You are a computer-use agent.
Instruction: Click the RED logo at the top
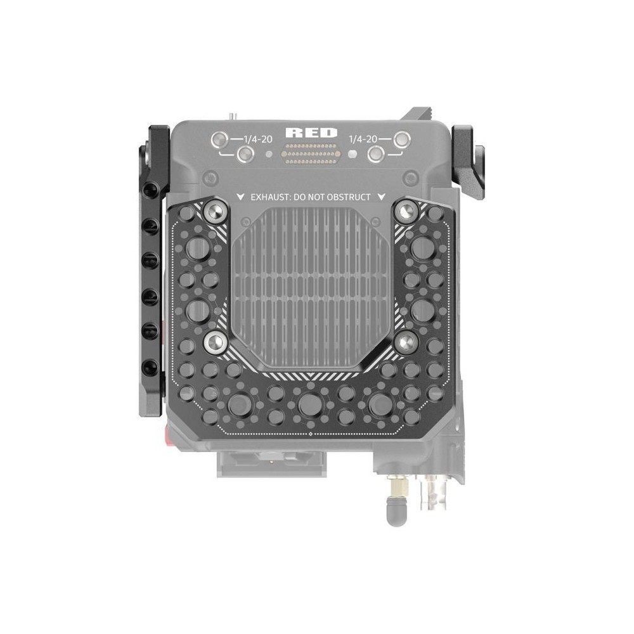pos(311,133)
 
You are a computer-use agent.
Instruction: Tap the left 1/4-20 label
pos(257,139)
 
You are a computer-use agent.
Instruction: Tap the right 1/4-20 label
pos(363,139)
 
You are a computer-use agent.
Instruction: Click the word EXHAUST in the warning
pos(269,197)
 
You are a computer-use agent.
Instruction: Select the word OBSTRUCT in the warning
pos(349,197)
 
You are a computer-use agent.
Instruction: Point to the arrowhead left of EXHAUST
pos(240,197)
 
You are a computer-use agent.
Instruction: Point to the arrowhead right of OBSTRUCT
pos(381,197)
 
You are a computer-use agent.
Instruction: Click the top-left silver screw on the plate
pos(214,211)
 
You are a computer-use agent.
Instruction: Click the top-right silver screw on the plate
pos(406,211)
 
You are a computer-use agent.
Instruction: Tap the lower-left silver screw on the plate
pos(215,343)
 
